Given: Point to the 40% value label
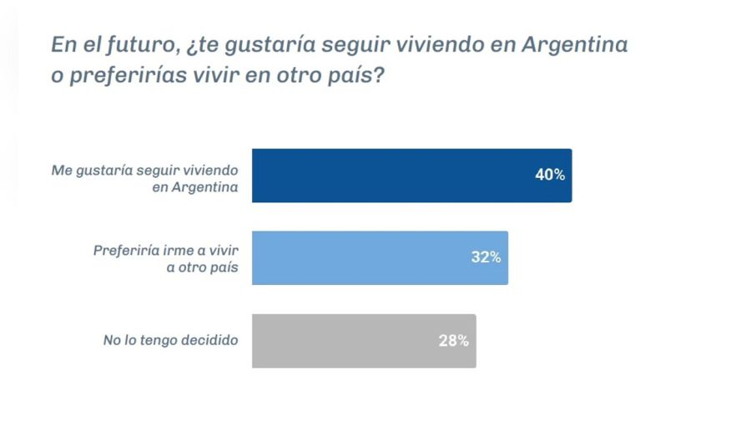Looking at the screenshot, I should [x=550, y=175].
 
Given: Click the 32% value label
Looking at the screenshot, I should [x=486, y=257].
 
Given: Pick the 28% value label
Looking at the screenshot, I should [x=453, y=340].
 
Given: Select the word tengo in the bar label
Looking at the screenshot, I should [x=156, y=340].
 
